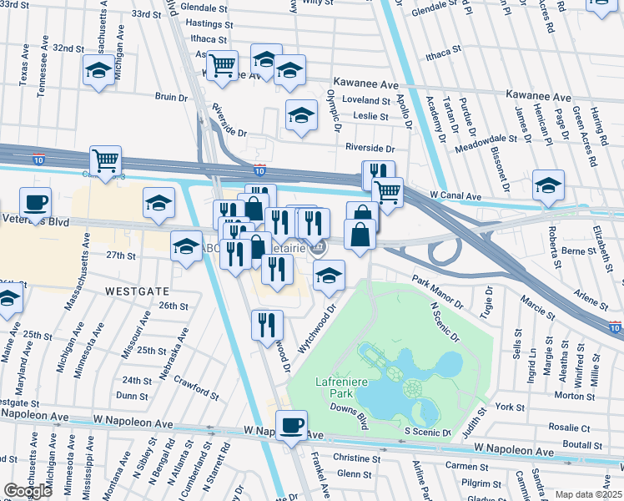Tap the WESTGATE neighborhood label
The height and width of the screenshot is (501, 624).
pos(138,291)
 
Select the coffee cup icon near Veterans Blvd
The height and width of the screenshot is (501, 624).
pos(35,203)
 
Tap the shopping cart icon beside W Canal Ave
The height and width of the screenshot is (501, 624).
pos(387,193)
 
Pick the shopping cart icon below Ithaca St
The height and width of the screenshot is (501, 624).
pos(223,65)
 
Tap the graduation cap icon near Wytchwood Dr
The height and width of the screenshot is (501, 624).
pos(330,277)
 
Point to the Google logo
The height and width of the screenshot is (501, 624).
pos(28,491)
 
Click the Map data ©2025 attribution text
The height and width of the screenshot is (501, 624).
pos(587,494)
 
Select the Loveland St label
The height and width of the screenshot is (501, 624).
pos(360,100)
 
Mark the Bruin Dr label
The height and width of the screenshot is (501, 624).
pos(171,97)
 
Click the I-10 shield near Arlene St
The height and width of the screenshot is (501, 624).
pos(615,326)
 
